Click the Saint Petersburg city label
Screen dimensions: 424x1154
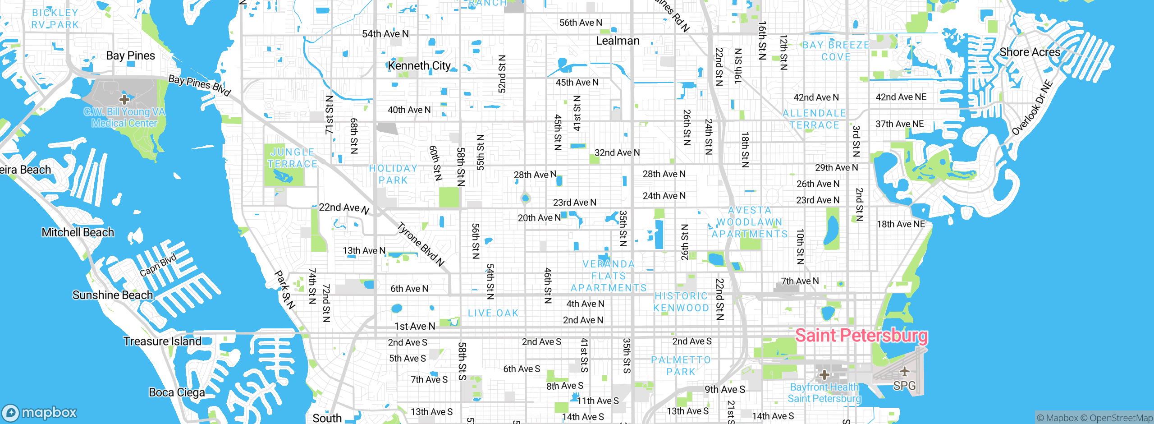click(x=861, y=336)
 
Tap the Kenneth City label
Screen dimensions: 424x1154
click(x=419, y=66)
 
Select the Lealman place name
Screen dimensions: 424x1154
click(x=618, y=41)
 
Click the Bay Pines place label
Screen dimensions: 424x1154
click(x=130, y=56)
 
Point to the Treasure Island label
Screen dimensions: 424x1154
click(x=162, y=341)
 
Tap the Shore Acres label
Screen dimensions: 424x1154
click(x=1030, y=52)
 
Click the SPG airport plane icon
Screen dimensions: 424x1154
click(x=904, y=371)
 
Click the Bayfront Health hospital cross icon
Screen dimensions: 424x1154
click(x=824, y=374)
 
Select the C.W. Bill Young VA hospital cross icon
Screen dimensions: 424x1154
click(x=124, y=99)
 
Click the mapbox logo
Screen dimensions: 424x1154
click(x=40, y=412)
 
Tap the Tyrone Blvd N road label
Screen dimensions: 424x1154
click(x=421, y=244)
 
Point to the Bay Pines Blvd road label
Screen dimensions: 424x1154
click(x=199, y=85)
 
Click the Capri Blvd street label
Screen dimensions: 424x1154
click(x=158, y=266)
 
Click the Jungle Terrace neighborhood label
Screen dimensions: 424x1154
click(x=293, y=158)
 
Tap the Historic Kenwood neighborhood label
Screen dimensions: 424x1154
click(x=681, y=302)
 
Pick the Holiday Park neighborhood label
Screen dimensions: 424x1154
click(x=393, y=174)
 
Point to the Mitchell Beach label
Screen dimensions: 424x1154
click(x=78, y=233)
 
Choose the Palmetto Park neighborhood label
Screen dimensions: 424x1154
click(x=681, y=366)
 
